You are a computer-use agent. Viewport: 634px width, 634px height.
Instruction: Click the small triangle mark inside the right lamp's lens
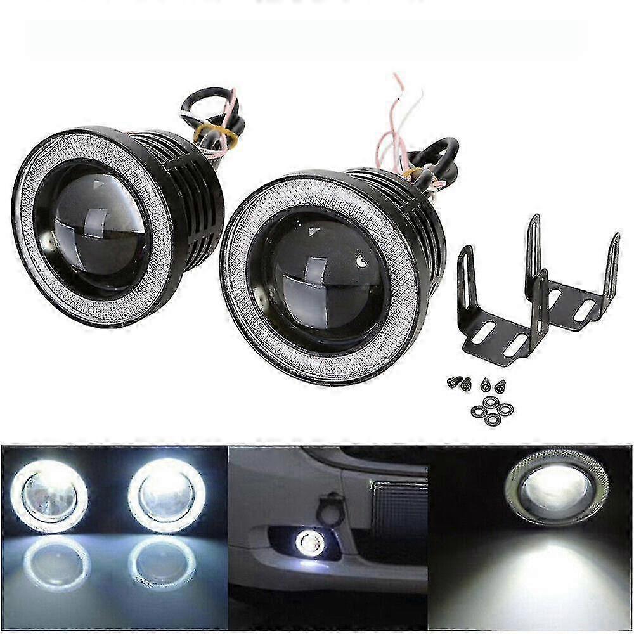[313, 233]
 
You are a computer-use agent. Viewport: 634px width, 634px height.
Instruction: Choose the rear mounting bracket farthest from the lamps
[574, 279]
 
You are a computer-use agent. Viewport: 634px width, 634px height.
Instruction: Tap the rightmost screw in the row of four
[500, 385]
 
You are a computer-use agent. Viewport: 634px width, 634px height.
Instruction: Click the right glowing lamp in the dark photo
[167, 495]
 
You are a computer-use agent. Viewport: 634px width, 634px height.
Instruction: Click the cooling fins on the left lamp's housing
[197, 190]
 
